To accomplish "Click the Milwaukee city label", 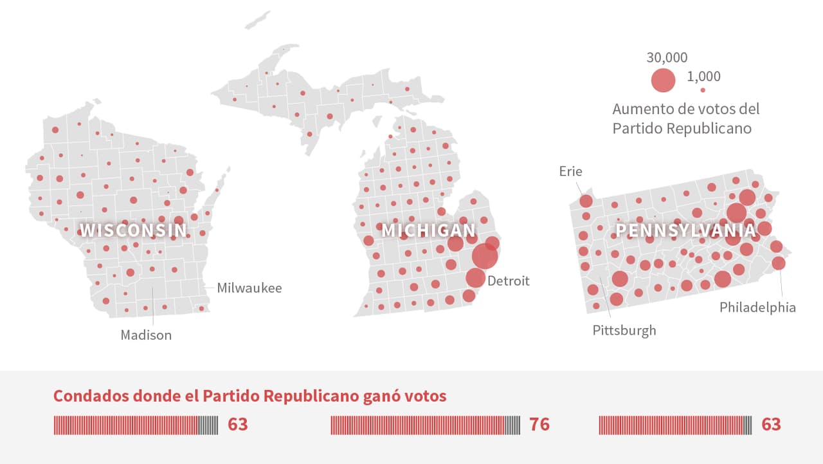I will [249, 288].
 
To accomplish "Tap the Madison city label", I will [146, 335].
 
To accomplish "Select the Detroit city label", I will [508, 281].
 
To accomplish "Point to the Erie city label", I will [570, 171].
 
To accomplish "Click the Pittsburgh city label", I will [624, 330].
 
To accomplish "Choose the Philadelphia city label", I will [757, 307].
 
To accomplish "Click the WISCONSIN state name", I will [134, 230].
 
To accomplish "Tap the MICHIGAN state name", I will [429, 230].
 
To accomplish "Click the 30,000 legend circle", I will [663, 80].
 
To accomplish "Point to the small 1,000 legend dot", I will [703, 90].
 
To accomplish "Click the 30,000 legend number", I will [667, 58].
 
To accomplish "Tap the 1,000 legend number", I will [703, 77].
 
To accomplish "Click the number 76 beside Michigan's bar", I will [539, 425].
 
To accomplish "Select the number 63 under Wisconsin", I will [237, 425].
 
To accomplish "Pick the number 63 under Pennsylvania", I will [771, 425].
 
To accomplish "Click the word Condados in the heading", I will [86, 396].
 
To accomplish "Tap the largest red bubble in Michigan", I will [485, 256].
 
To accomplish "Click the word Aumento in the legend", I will [643, 109].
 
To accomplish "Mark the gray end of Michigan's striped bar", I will [512, 425].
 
